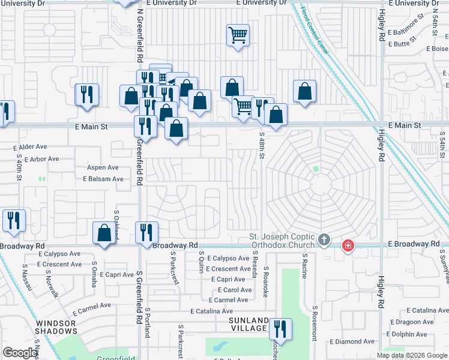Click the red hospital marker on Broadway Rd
(348, 245)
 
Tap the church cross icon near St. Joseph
(324, 241)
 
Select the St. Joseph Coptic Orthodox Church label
(282, 241)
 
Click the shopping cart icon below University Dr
(238, 35)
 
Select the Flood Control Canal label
(315, 28)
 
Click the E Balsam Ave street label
(103, 179)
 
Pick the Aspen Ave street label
(103, 167)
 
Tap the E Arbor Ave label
(37, 159)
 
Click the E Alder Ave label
(29, 146)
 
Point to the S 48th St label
(262, 146)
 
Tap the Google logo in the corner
(20, 353)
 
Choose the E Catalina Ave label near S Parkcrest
(211, 311)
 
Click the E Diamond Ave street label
(355, 341)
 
